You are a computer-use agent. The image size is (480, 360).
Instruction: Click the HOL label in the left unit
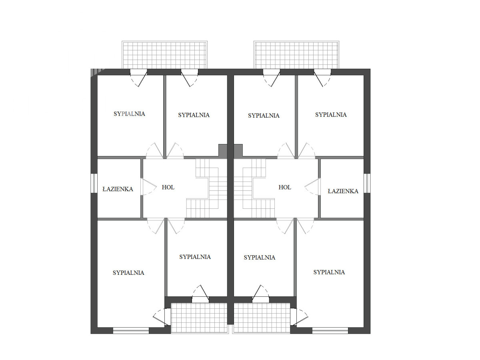[x=168, y=187]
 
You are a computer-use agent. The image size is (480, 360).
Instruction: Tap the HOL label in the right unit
[x=285, y=187]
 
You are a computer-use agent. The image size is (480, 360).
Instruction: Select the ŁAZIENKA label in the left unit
[x=118, y=189]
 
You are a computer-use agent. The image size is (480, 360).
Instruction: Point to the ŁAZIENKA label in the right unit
[x=343, y=191]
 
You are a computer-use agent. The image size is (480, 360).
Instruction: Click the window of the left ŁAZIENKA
[x=94, y=183]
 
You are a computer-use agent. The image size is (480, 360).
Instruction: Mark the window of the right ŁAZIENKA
[x=367, y=183]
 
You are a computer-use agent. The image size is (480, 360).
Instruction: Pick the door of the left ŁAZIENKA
[x=149, y=186]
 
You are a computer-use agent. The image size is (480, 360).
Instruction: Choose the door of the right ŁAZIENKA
[x=312, y=186]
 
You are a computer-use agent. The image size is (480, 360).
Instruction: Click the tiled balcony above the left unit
[x=164, y=55]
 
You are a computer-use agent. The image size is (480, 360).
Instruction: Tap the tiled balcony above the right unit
[x=296, y=55]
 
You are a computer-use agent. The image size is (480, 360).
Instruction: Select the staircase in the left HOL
[x=207, y=188]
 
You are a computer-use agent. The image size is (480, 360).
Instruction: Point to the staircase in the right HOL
[x=254, y=188]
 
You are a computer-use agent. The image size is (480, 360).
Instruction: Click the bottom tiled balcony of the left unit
[x=199, y=318]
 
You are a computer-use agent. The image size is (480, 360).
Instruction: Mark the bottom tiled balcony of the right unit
[x=262, y=318]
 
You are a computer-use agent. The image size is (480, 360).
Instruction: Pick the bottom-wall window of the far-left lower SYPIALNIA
[x=131, y=330]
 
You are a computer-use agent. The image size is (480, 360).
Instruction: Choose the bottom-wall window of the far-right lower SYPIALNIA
[x=330, y=330]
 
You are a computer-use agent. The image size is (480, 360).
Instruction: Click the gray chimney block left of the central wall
[x=223, y=151]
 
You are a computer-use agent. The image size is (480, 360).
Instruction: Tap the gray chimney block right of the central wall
[x=238, y=151]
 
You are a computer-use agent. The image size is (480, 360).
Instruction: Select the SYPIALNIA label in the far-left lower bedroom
[x=128, y=273]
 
